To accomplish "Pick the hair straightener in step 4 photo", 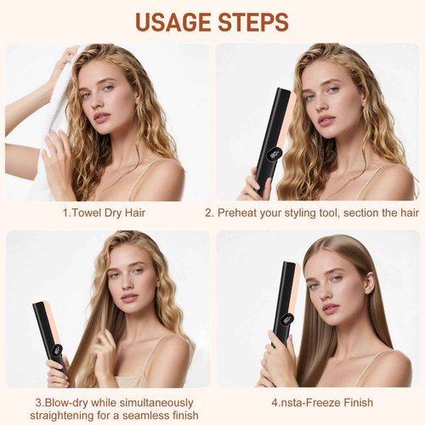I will pos(283,306).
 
